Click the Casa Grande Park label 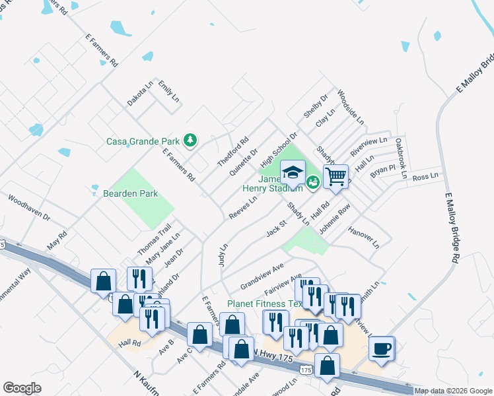[x=144, y=141]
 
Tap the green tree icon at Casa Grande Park [x=190, y=140]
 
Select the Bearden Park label [x=130, y=193]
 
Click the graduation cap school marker [x=293, y=173]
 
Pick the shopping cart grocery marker [x=335, y=176]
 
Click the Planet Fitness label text [x=265, y=304]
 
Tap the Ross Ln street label [x=425, y=177]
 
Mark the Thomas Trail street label [x=154, y=240]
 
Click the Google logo [x=22, y=388]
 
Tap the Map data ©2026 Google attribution [x=452, y=391]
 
